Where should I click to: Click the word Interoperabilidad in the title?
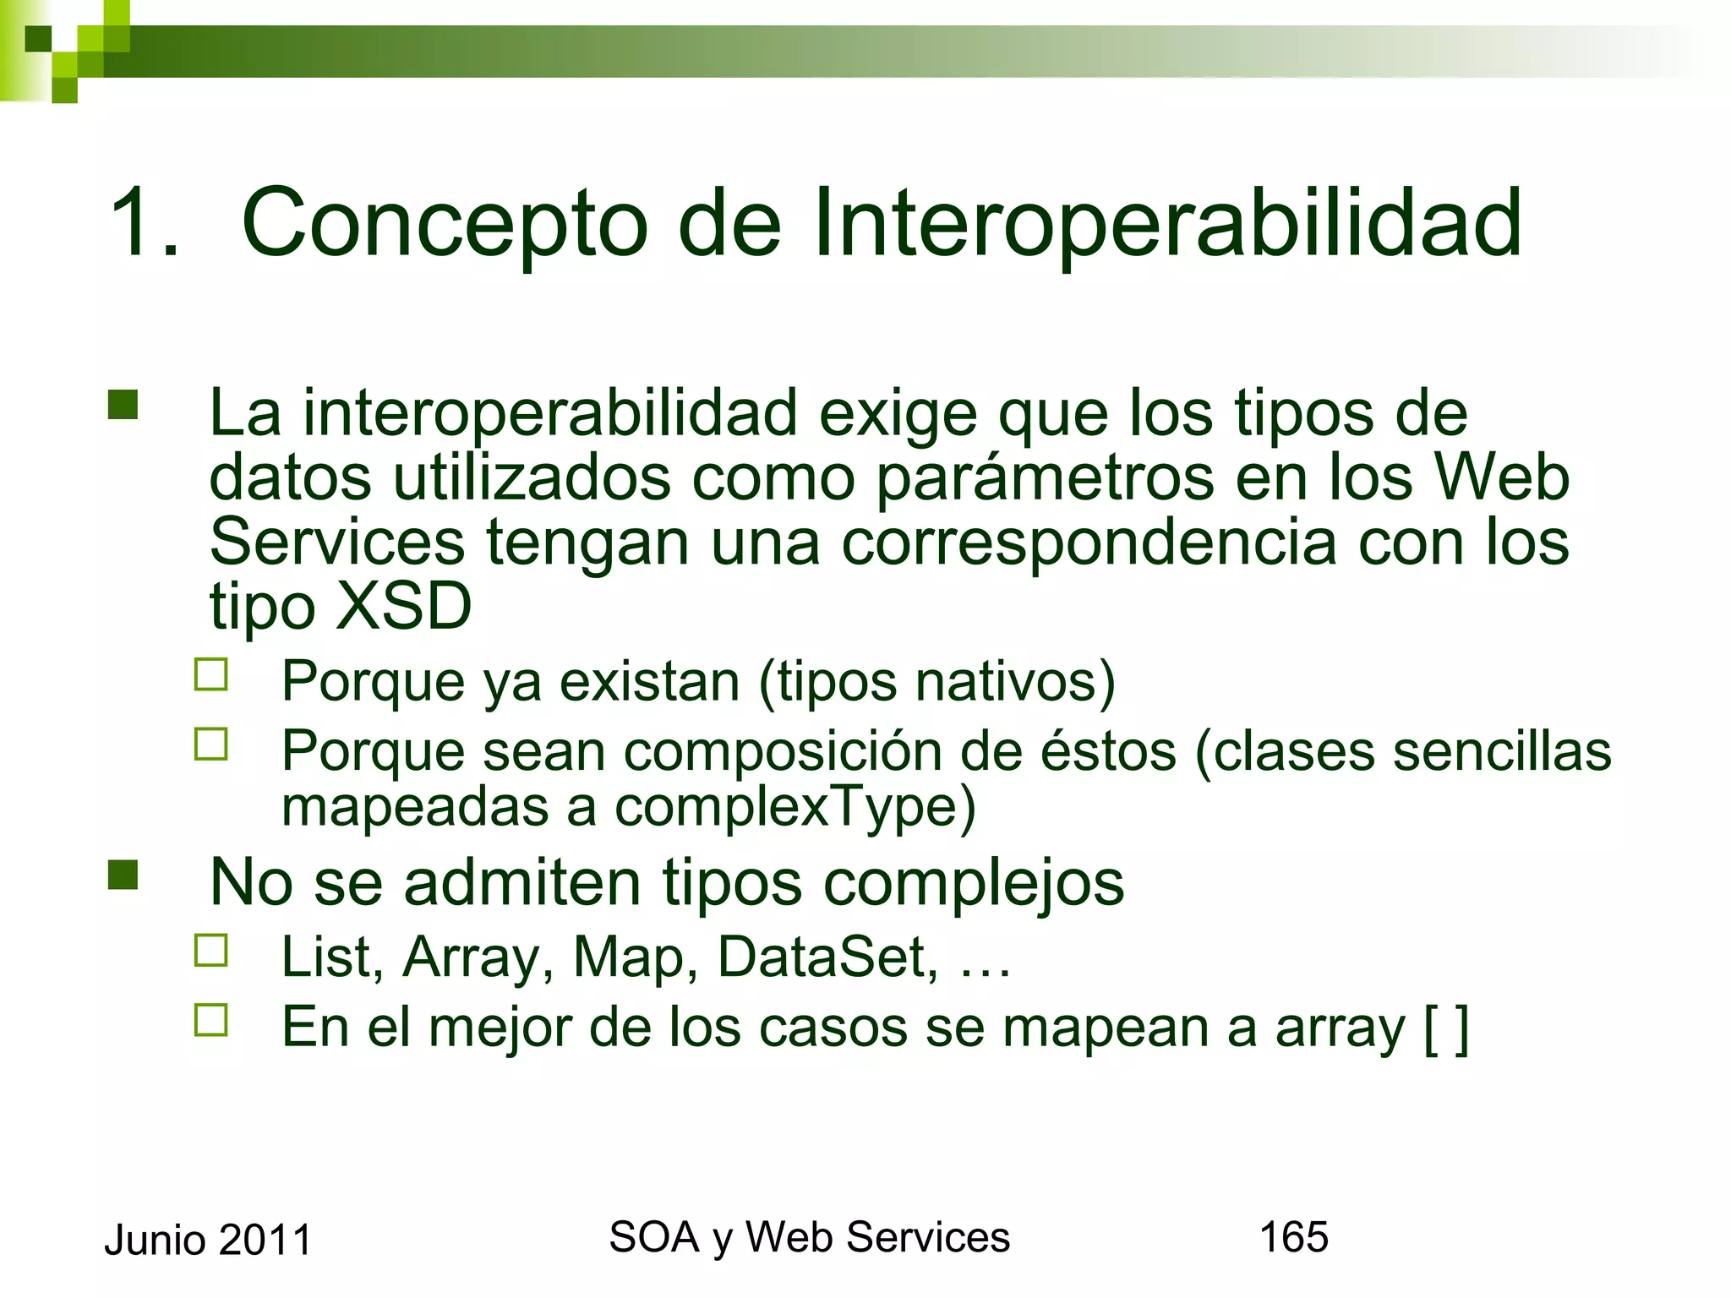coord(1167,223)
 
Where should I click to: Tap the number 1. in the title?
coord(144,223)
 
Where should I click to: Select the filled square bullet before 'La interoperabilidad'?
coord(123,405)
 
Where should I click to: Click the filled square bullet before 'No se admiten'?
coord(123,875)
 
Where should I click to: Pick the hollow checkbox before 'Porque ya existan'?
coord(211,675)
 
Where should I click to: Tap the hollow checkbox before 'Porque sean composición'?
coord(211,744)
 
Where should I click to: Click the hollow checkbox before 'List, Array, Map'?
coord(211,951)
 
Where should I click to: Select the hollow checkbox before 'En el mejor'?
coord(211,1020)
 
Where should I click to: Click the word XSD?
coord(404,606)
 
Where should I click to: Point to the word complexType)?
coord(795,808)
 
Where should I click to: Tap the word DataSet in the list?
coord(827,957)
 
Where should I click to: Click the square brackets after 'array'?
coord(1446,1028)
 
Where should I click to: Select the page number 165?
coord(1293,1237)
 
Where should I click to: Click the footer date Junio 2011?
coord(208,1241)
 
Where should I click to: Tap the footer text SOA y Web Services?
coord(809,1238)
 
